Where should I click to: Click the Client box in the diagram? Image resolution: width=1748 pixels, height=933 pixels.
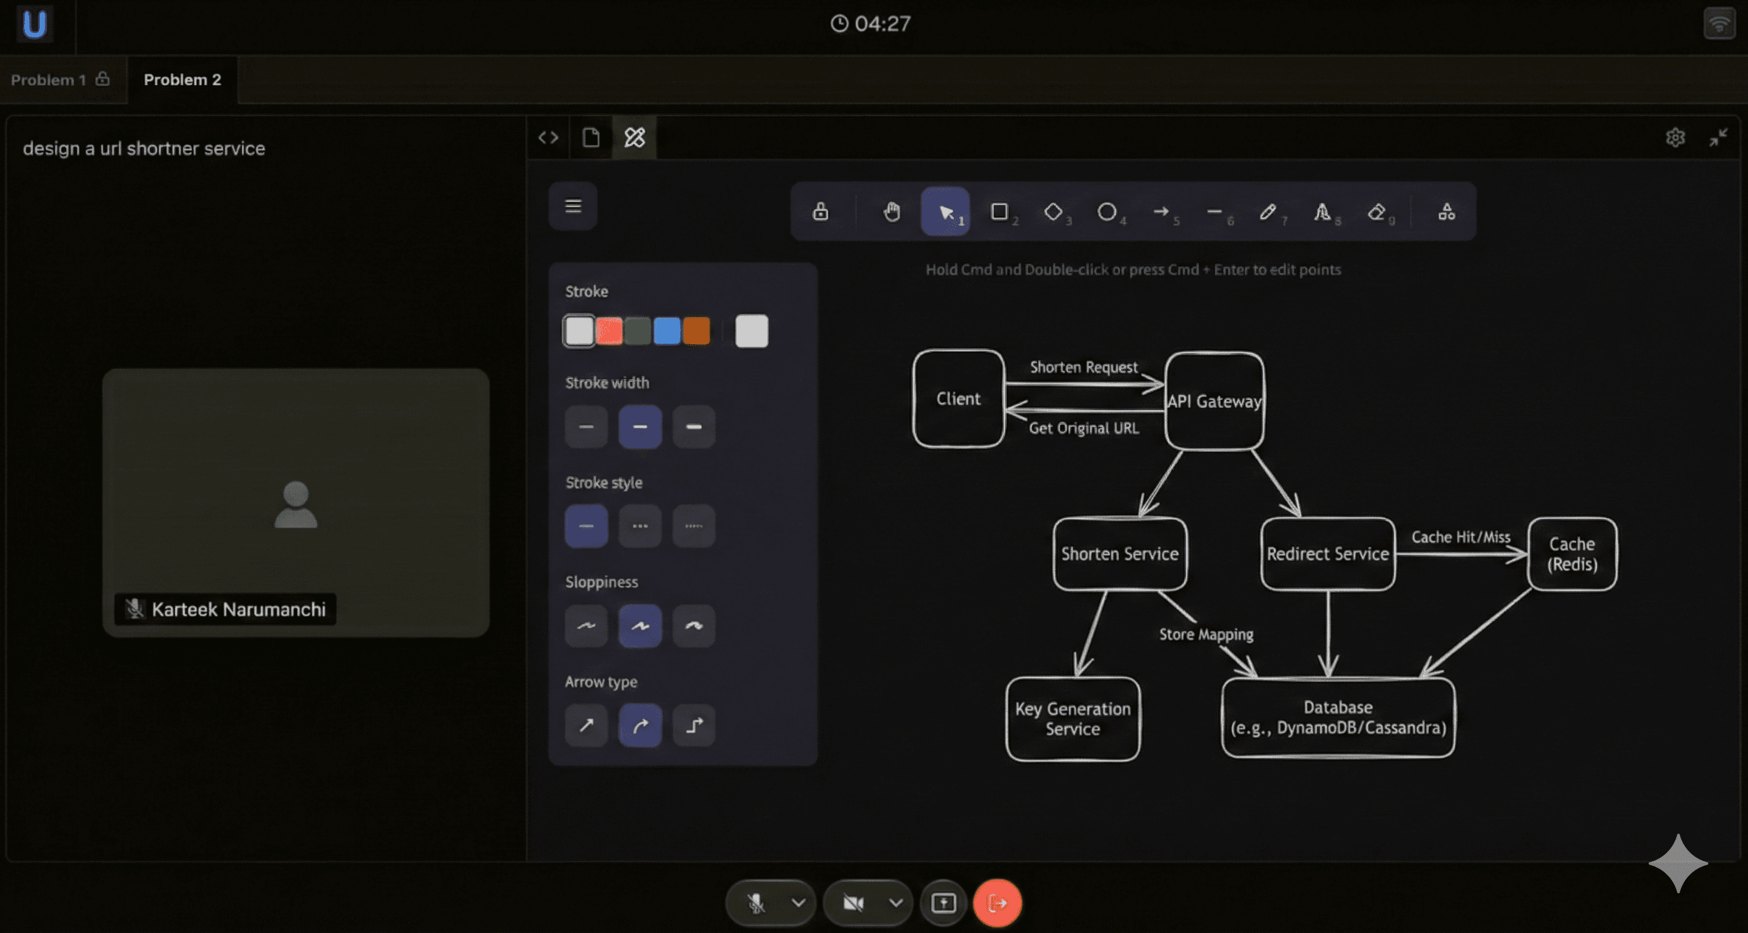(x=958, y=399)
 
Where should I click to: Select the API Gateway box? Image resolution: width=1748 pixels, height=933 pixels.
(x=1214, y=401)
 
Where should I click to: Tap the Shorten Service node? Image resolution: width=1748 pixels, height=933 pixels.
(x=1120, y=554)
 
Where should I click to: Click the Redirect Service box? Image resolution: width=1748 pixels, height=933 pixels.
(x=1327, y=554)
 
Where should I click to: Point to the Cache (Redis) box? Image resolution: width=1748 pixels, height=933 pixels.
(x=1572, y=554)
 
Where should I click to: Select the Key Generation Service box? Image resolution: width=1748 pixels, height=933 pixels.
(x=1072, y=719)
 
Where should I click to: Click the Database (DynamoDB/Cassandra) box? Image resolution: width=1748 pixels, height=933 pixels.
(x=1338, y=717)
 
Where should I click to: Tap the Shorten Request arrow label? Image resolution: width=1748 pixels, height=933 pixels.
(x=1083, y=367)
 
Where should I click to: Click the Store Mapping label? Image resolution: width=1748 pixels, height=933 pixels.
(x=1206, y=634)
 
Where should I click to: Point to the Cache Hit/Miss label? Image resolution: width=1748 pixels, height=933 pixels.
(x=1460, y=537)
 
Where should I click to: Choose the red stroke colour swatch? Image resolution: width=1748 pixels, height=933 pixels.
(x=609, y=331)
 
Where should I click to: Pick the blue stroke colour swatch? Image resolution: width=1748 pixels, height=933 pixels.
(x=666, y=331)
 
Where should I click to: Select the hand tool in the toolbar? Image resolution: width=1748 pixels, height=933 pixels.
(x=891, y=212)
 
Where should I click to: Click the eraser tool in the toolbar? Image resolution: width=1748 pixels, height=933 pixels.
(x=1376, y=212)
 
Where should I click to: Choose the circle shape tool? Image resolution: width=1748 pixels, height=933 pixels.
(x=1107, y=212)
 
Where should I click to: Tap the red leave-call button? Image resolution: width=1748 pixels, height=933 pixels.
(x=997, y=903)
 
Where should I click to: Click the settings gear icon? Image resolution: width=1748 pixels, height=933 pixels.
(x=1675, y=138)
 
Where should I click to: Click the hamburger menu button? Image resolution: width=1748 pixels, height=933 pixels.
(x=573, y=205)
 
